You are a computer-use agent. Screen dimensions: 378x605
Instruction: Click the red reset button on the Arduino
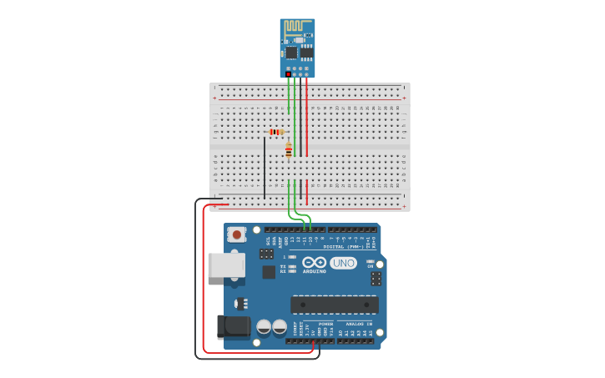[x=237, y=234]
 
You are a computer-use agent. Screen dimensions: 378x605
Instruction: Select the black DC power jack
[x=233, y=326]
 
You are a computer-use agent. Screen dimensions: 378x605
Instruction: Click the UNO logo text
[x=343, y=263]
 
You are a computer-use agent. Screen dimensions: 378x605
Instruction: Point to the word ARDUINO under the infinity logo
[x=315, y=271]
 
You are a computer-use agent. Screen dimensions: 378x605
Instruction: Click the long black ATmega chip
[x=334, y=305]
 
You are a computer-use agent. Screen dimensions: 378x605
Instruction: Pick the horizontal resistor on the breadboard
[x=276, y=132]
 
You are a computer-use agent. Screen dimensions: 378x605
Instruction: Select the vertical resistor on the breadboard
[x=289, y=151]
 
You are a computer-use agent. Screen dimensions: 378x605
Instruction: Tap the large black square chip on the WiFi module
[x=291, y=53]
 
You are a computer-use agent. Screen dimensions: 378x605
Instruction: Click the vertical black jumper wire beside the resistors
[x=265, y=167]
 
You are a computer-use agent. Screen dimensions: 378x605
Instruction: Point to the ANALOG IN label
[x=358, y=324]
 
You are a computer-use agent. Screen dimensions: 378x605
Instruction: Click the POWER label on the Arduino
[x=325, y=324]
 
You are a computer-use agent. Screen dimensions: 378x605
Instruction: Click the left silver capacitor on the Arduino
[x=264, y=327]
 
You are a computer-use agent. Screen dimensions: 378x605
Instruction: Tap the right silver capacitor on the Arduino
[x=280, y=327]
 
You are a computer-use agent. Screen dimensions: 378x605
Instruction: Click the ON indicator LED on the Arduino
[x=370, y=261]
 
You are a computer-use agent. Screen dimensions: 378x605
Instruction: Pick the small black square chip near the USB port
[x=269, y=272]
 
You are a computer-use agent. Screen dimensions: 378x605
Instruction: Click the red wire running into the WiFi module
[x=306, y=117]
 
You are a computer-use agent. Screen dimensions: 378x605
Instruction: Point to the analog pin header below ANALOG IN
[x=355, y=340]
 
